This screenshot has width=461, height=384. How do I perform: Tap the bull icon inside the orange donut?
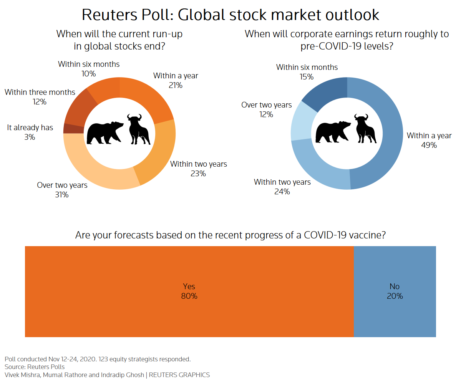coord(139,129)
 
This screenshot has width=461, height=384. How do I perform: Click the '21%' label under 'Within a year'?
coord(176,85)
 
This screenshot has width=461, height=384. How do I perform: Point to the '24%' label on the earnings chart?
coord(282,191)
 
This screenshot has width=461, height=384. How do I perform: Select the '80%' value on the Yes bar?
coord(189,296)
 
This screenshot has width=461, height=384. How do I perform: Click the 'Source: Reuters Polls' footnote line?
coord(35,367)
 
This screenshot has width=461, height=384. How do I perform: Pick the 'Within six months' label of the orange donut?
coord(89,64)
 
